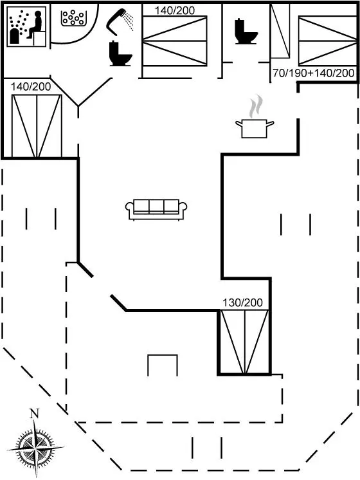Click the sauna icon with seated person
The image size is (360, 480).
point(26,26)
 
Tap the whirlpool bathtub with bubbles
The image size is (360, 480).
point(73,18)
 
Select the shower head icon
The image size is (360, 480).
point(120,21)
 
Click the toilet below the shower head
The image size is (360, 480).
point(120,54)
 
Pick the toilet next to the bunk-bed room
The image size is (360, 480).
point(246,32)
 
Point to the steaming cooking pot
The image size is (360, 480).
point(255,129)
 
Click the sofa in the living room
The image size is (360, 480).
point(156,210)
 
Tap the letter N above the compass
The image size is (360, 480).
point(34,414)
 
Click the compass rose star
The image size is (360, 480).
point(35,448)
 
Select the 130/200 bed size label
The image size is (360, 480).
point(242,303)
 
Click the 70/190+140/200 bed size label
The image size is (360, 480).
point(314,73)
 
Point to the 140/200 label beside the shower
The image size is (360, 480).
point(175,10)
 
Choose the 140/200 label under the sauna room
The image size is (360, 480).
point(31,87)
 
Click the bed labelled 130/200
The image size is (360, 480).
point(244,342)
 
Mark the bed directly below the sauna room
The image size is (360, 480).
point(37,126)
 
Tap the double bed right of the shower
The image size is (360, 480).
point(175,41)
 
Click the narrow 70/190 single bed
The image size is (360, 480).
point(280,31)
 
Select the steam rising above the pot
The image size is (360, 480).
point(255,106)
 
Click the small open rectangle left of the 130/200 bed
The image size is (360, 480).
point(163,365)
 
